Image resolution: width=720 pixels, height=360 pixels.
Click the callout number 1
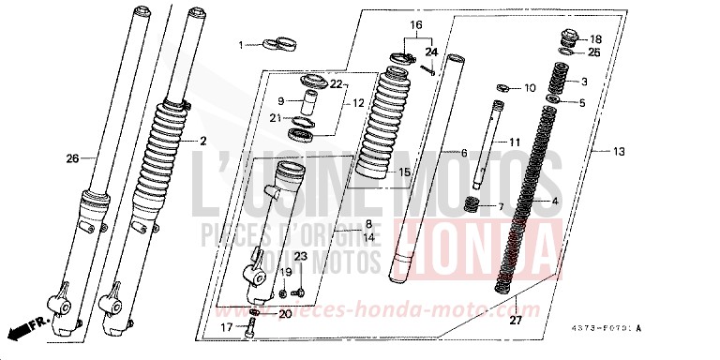tap(240, 45)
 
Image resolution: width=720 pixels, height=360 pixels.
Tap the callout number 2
tap(202, 141)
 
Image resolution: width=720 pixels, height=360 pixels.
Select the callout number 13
tap(618, 151)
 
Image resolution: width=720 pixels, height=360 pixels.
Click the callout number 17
tap(226, 328)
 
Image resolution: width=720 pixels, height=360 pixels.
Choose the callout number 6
tap(462, 152)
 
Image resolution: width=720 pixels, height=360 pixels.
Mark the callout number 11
tap(514, 141)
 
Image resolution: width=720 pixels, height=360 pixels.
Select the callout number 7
tap(502, 206)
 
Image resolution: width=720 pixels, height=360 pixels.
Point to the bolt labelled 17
tap(249, 326)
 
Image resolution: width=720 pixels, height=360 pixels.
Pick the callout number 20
tap(286, 313)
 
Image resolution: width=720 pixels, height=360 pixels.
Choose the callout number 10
tap(530, 88)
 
